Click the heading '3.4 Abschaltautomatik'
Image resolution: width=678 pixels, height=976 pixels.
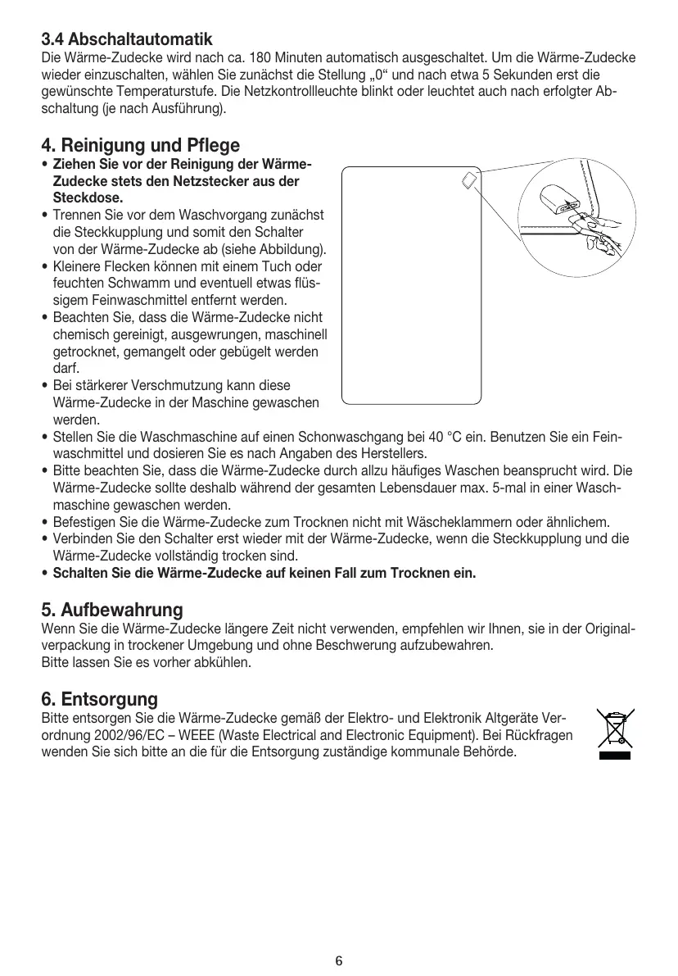tap(127, 39)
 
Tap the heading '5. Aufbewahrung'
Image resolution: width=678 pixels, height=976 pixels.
tap(111, 610)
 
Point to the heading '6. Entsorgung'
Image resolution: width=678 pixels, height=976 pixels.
tap(99, 699)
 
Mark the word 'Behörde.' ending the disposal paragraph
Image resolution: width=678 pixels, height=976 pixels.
tap(491, 751)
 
